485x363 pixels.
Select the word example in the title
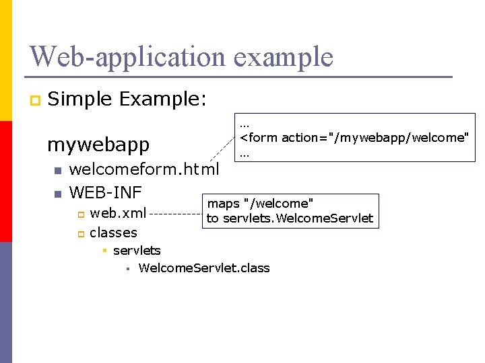[x=284, y=56]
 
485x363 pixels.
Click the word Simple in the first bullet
[x=80, y=99]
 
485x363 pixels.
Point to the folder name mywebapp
[x=98, y=145]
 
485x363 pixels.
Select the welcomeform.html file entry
[x=144, y=170]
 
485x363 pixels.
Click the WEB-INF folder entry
[x=105, y=193]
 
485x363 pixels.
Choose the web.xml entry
[x=118, y=214]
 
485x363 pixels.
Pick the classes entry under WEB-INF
[x=113, y=233]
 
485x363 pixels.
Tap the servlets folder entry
[x=137, y=251]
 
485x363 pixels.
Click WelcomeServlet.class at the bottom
[x=203, y=268]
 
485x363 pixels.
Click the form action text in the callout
[x=354, y=138]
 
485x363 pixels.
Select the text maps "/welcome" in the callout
[x=260, y=203]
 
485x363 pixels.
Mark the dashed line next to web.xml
[x=176, y=214]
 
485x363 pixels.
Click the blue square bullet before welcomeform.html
[x=58, y=171]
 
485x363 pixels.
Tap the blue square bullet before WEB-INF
[x=58, y=194]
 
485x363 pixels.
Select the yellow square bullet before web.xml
[x=79, y=214]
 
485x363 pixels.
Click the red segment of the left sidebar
[x=6, y=182]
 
